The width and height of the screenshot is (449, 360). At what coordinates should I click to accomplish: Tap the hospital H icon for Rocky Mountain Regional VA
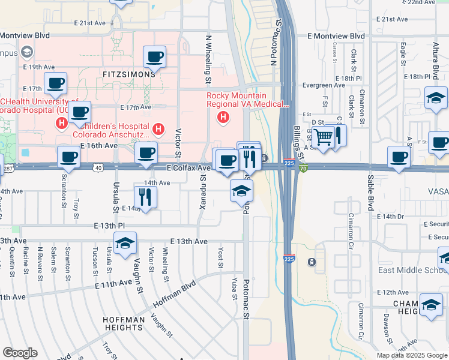point(223,116)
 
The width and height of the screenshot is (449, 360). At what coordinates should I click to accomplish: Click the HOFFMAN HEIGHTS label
point(124,324)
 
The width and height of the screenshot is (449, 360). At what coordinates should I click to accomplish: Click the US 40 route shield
point(98,168)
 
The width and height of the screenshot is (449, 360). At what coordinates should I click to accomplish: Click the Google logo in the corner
point(20,353)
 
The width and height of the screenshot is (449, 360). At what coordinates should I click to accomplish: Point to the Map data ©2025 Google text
point(411,355)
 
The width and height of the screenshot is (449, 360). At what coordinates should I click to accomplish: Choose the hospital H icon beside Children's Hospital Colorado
point(158,128)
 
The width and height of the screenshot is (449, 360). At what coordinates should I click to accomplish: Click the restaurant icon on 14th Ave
point(145,196)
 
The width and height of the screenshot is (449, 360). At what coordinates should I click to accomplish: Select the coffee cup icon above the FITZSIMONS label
point(154,57)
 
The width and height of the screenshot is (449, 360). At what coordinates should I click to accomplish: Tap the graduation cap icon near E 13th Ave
point(125,243)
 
